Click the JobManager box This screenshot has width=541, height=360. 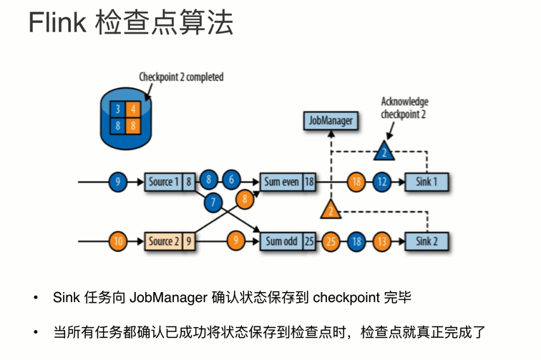click(330, 121)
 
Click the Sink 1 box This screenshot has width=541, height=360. click(426, 182)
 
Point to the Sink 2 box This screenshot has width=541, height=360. click(427, 241)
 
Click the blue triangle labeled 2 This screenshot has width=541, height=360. click(384, 152)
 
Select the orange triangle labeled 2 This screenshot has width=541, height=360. click(331, 210)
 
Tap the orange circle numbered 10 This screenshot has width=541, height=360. click(118, 241)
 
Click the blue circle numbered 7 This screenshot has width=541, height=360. click(212, 203)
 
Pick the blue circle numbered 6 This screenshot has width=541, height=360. click(230, 180)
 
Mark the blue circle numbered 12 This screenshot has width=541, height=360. click(382, 182)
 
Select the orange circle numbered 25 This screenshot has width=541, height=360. click(331, 241)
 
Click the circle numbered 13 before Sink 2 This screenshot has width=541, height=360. click(382, 241)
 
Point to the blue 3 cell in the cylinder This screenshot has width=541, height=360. click(118, 110)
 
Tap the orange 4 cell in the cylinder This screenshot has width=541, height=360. click(133, 110)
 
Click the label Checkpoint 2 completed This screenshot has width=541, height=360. click(181, 77)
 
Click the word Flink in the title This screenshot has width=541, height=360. click(57, 23)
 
